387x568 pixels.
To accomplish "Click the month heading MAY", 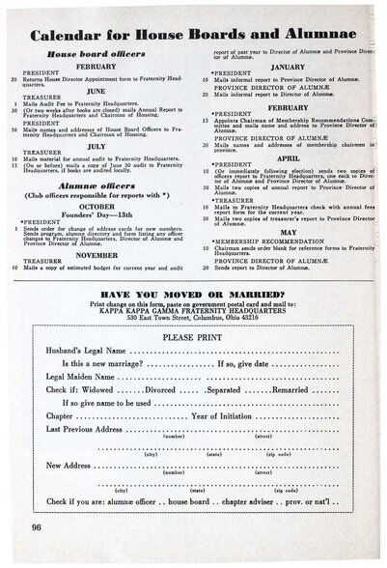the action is click(x=288, y=231).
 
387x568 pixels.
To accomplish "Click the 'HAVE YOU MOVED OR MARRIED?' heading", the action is click(x=194, y=293).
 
